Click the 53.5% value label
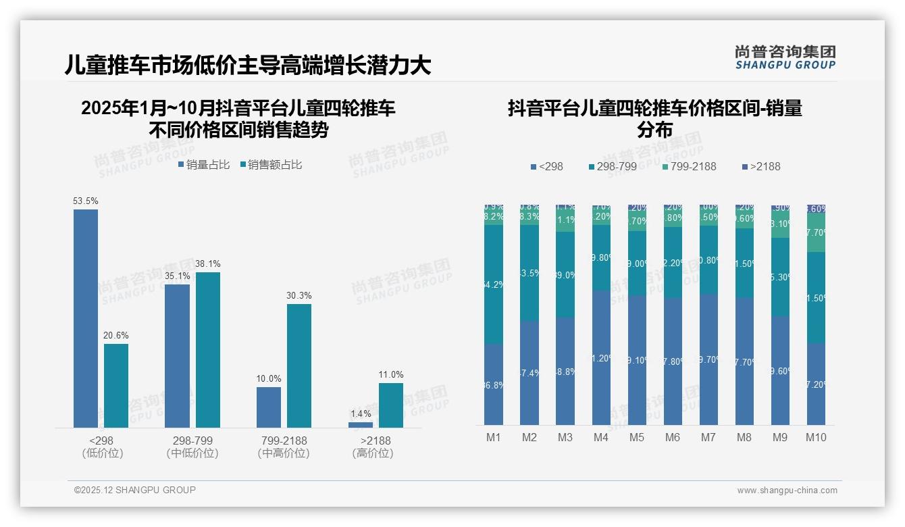click(x=86, y=201)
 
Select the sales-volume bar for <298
click(x=86, y=318)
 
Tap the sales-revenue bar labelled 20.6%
click(x=116, y=385)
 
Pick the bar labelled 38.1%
click(x=208, y=349)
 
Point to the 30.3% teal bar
click(x=299, y=366)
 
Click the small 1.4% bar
click(x=361, y=424)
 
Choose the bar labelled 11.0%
click(x=391, y=405)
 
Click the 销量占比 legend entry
click(x=204, y=165)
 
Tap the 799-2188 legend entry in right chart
click(x=688, y=166)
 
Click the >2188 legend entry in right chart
click(x=760, y=166)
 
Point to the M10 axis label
click(x=816, y=438)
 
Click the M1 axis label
click(x=494, y=438)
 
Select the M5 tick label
click(x=637, y=438)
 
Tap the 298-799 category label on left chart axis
click(x=192, y=441)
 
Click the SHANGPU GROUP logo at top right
click(x=785, y=57)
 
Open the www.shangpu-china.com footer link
click(x=787, y=491)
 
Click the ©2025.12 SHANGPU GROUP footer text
click(x=135, y=490)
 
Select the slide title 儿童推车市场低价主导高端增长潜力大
click(x=247, y=66)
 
